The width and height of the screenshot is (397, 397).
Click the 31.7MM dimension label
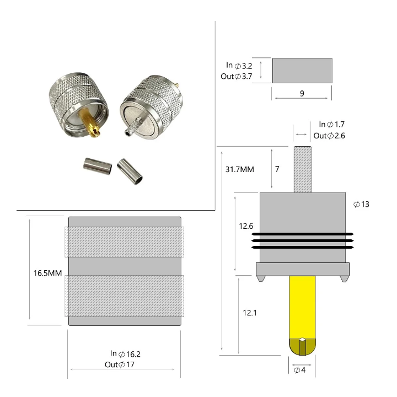tap(239, 169)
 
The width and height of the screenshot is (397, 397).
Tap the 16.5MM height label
tap(47, 273)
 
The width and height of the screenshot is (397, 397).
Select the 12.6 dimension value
tap(246, 226)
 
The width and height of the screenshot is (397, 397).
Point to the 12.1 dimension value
tap(250, 313)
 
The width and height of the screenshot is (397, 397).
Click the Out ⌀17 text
tap(120, 364)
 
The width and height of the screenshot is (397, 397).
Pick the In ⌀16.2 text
tap(125, 353)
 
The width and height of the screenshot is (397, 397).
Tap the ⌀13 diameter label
tap(361, 204)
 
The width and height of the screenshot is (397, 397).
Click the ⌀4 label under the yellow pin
tap(299, 370)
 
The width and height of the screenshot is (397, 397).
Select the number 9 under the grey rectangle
tap(302, 93)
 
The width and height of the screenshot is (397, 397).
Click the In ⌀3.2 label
tap(239, 66)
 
